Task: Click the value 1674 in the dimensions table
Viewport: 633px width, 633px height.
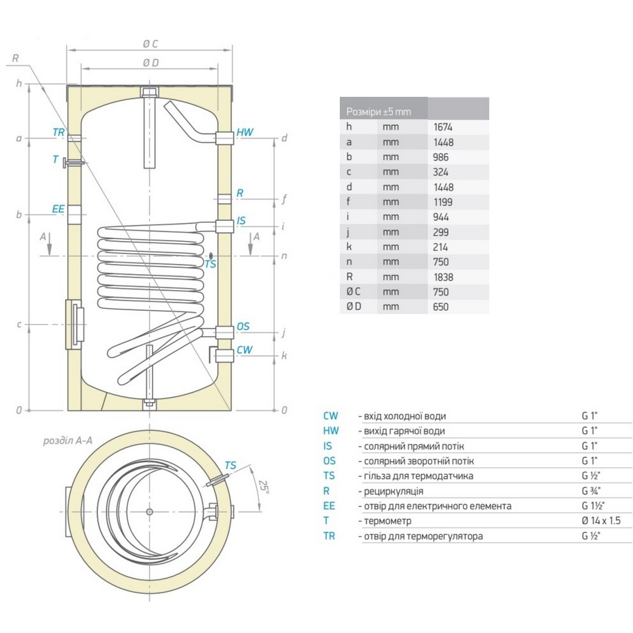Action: tap(443, 127)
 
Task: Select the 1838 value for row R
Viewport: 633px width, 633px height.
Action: tap(443, 277)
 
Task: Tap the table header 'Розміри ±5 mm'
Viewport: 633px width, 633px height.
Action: tap(379, 112)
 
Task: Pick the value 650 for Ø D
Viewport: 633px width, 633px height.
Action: tap(441, 307)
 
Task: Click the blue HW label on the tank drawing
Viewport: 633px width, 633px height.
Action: tap(244, 132)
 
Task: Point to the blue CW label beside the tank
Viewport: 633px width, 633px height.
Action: tap(244, 350)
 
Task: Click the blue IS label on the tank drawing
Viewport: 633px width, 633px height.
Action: tap(241, 221)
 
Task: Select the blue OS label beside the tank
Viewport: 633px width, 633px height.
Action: tap(242, 327)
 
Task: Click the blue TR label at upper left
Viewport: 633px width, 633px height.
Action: tap(59, 133)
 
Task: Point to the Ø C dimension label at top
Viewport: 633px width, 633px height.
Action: tap(150, 43)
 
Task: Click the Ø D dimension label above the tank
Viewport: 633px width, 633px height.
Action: tap(150, 62)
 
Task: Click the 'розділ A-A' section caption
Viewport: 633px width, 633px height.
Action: tap(68, 441)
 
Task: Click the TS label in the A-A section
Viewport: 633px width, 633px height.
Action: tap(230, 465)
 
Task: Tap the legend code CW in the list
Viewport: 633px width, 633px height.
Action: tap(330, 416)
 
